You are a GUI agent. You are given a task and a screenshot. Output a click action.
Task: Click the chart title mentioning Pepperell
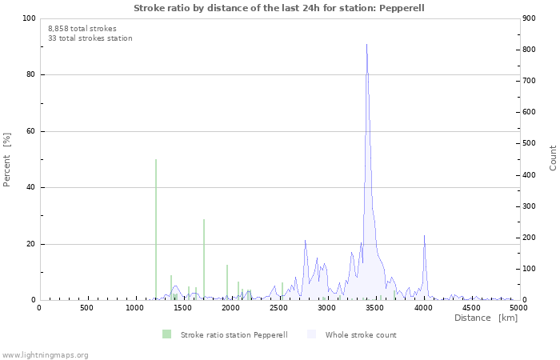click(279, 8)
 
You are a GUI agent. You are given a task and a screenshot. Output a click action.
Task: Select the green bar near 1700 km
click(204, 260)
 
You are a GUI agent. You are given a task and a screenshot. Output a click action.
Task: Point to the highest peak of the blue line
click(366, 46)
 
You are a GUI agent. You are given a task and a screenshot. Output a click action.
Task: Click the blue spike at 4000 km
click(424, 238)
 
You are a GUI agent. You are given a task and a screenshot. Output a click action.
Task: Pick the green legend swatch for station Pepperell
click(166, 334)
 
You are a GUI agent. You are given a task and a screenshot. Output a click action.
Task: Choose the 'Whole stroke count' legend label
click(361, 334)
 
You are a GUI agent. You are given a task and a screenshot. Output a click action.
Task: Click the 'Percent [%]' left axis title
click(7, 159)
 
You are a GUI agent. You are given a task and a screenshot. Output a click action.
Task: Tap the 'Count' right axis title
click(553, 158)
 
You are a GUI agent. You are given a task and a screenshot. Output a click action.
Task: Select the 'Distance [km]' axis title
click(486, 318)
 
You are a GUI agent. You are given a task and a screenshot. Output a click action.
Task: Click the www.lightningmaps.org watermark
click(45, 354)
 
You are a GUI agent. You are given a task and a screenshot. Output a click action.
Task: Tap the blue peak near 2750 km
click(305, 242)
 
